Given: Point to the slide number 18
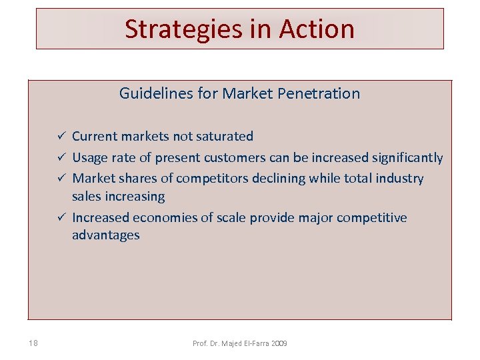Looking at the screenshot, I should tap(33, 343).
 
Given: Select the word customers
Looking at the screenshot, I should tap(238, 157).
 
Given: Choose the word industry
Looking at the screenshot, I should tap(399, 178).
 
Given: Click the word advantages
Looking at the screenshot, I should tap(105, 235).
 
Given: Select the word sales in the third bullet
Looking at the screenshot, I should tap(87, 196).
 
